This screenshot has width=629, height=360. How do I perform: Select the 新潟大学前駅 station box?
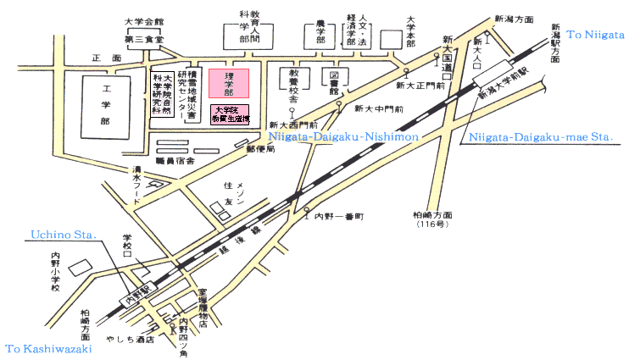pos(496,81)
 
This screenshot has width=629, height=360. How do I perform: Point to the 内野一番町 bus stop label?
pos(338,217)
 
